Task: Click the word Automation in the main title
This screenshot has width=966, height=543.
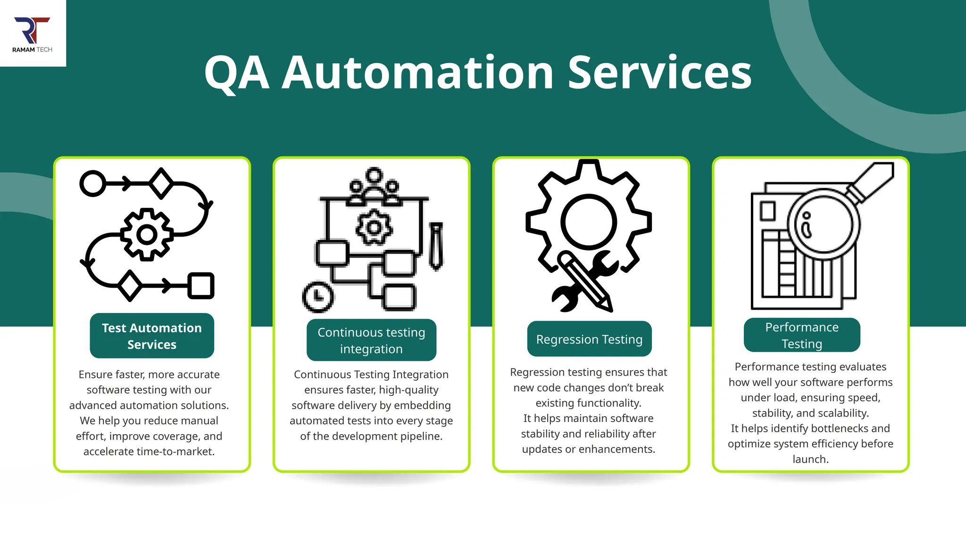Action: pyautogui.click(x=417, y=73)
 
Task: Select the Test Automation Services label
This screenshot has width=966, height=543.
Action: pyautogui.click(x=152, y=336)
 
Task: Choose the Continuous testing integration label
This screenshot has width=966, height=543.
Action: pyautogui.click(x=371, y=340)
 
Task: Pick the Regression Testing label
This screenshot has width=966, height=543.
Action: pyautogui.click(x=589, y=339)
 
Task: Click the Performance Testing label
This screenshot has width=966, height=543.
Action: pyautogui.click(x=802, y=335)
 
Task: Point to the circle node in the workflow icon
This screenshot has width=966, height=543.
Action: pyautogui.click(x=92, y=183)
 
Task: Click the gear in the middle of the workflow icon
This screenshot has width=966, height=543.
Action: pyautogui.click(x=147, y=234)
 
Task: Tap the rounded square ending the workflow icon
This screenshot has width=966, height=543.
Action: pyautogui.click(x=201, y=286)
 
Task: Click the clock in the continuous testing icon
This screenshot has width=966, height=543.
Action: pyautogui.click(x=318, y=297)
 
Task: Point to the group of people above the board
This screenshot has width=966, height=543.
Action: pyautogui.click(x=374, y=188)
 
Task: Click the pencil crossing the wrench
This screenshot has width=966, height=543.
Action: pyautogui.click(x=585, y=281)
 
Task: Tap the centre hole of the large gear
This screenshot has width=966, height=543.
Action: pyautogui.click(x=588, y=222)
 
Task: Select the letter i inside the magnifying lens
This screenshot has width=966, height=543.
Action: pyautogui.click(x=807, y=225)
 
